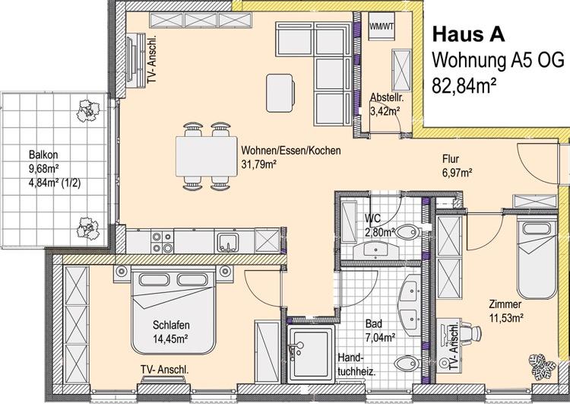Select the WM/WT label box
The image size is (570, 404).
pyautogui.click(x=382, y=26)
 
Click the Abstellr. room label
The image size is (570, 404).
pyautogui.click(x=386, y=97)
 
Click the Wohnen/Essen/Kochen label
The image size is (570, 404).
pyautogui.click(x=290, y=151)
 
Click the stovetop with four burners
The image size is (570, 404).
pyautogui.click(x=161, y=242)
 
